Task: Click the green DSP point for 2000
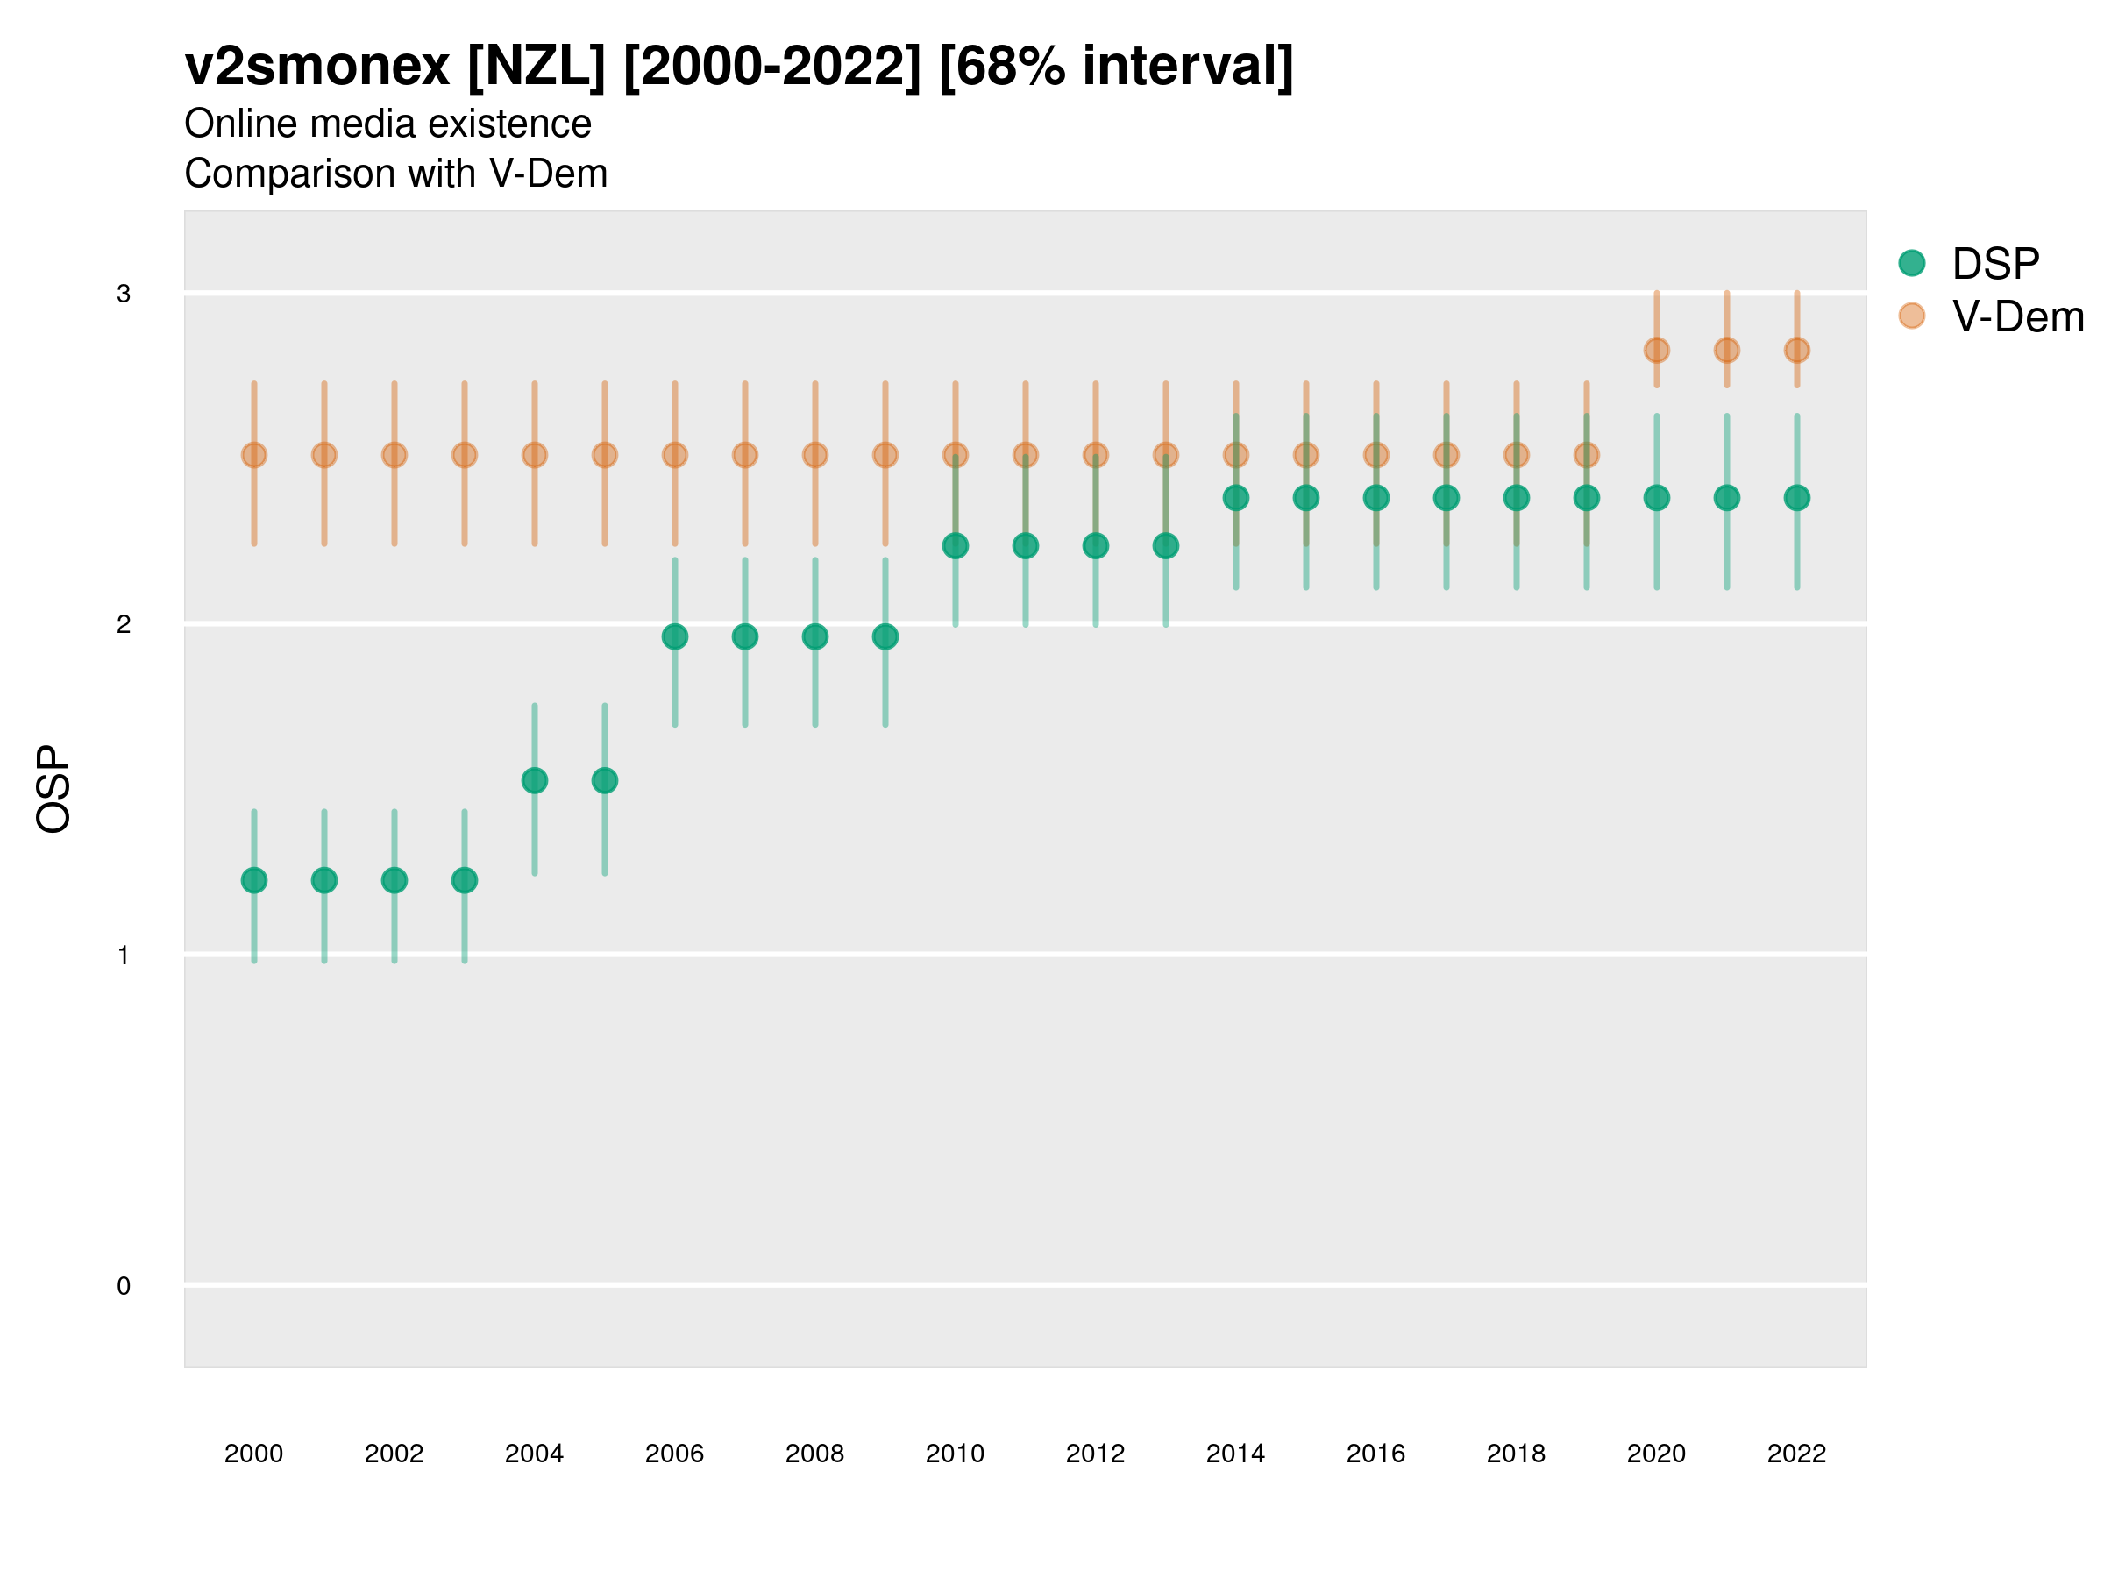coord(254,880)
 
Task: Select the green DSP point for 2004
coord(535,780)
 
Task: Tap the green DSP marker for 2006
coord(674,636)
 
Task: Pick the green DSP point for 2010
coord(955,545)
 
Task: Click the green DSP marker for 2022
coord(1797,497)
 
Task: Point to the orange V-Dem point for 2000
coord(254,455)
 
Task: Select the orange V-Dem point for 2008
coord(815,455)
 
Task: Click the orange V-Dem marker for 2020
coord(1656,350)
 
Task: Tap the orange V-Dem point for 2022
coord(1797,350)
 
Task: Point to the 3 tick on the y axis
coord(124,293)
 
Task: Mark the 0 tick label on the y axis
coord(124,1286)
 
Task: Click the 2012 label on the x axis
coord(1095,1454)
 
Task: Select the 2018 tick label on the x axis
coord(1516,1454)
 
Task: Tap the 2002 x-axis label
coord(394,1454)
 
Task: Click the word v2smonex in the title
coord(316,67)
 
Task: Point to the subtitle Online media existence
coord(388,124)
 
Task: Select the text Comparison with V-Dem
coord(395,173)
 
